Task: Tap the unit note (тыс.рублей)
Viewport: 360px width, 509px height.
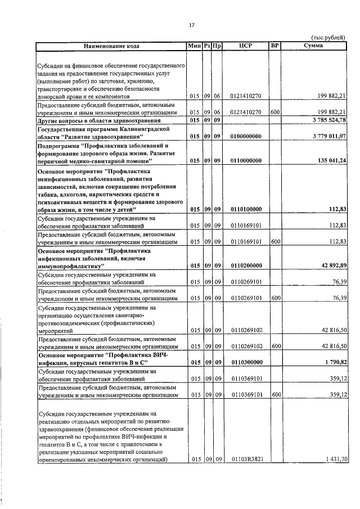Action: pyautogui.click(x=329, y=38)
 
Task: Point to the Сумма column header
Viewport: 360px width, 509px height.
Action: pyautogui.click(x=313, y=46)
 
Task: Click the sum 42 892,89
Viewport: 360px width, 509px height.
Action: pyautogui.click(x=331, y=265)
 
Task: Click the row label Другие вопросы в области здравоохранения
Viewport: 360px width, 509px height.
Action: pyautogui.click(x=94, y=120)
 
